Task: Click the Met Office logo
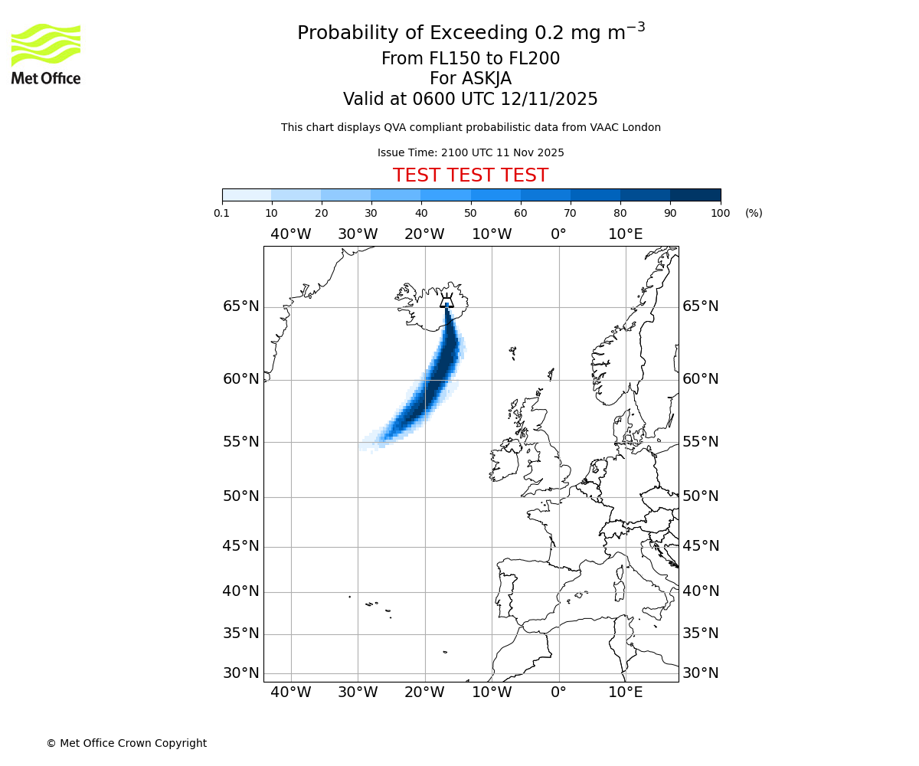point(46,54)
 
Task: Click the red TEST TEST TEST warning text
point(470,175)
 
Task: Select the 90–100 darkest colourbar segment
point(695,195)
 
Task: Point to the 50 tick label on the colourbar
point(470,213)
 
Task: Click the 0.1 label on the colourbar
point(222,213)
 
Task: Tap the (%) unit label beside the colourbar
point(754,213)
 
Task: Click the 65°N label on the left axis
point(240,306)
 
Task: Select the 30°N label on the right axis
point(701,673)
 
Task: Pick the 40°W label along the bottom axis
point(291,692)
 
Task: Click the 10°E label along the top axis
point(626,234)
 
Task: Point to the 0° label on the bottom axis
point(558,692)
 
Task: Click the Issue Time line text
point(470,152)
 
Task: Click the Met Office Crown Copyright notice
point(126,743)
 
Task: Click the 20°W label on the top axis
point(424,234)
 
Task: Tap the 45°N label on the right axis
point(701,546)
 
